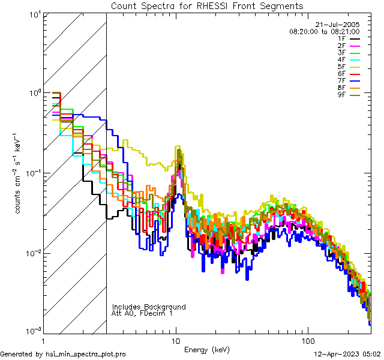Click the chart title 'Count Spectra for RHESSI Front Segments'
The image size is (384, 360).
(x=207, y=6)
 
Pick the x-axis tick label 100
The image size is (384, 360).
(x=308, y=341)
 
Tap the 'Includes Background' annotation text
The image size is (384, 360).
(x=149, y=307)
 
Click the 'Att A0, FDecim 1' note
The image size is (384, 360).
(x=142, y=314)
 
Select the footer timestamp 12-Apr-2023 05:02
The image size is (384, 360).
(x=349, y=354)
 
